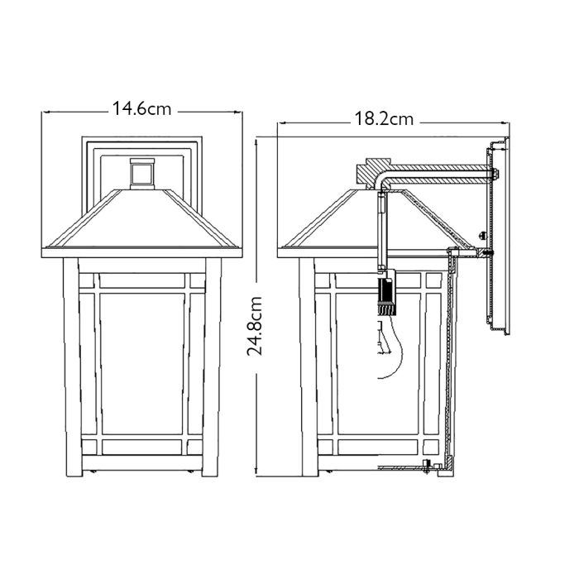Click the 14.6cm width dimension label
pos(143,108)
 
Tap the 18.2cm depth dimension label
pos(384,119)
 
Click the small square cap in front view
pos(143,172)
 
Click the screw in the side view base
pos(427,466)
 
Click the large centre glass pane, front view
pos(143,364)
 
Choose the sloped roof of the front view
pos(143,219)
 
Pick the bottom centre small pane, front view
pos(143,447)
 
